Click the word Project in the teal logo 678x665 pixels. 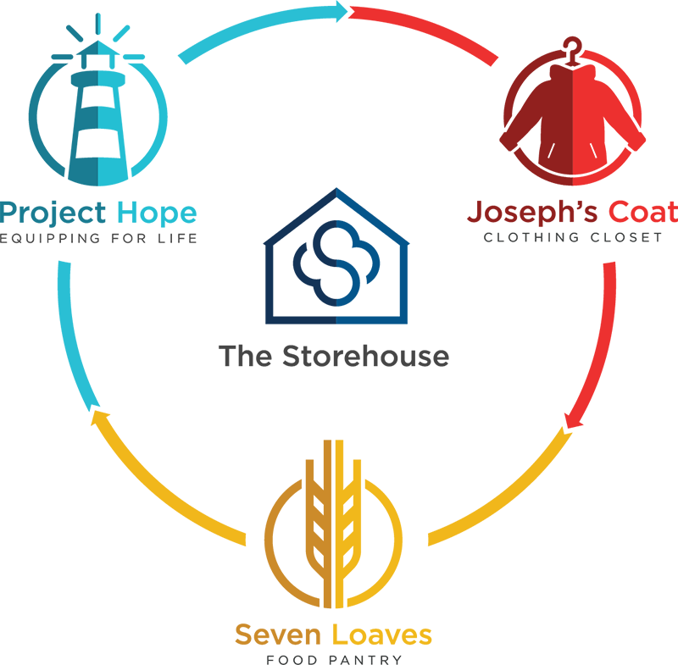click(53, 213)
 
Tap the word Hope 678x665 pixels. click(157, 213)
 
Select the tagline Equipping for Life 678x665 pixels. click(98, 239)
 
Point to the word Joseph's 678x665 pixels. click(532, 212)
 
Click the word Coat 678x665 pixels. click(643, 212)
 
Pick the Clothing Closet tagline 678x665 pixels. click(573, 237)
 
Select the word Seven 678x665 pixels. click(278, 635)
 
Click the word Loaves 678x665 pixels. click(382, 635)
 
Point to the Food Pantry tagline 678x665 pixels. click(334, 660)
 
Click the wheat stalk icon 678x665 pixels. click(333, 524)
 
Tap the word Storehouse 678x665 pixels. click(366, 356)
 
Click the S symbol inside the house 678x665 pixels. click(336, 263)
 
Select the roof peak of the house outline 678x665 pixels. click(336, 189)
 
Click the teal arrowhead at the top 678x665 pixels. click(342, 11)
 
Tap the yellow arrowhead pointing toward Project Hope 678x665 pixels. click(97, 417)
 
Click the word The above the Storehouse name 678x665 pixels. click(245, 356)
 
